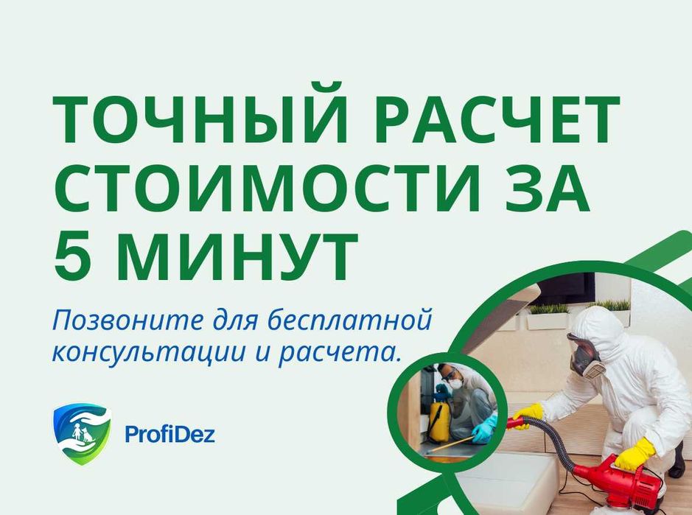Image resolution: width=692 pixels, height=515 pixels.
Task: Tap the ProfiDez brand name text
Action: (x=169, y=435)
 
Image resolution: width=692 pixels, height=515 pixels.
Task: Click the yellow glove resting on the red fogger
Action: (x=635, y=452)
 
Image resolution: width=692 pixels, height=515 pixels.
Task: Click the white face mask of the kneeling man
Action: (x=456, y=384)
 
